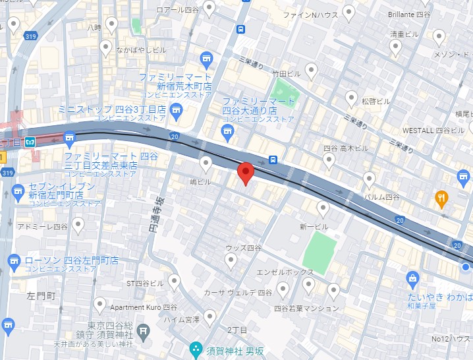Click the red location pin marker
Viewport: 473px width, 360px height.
pyautogui.click(x=246, y=173)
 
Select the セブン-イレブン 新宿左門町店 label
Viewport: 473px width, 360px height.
pyautogui.click(x=58, y=191)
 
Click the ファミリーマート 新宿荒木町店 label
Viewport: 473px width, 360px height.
pyautogui.click(x=175, y=82)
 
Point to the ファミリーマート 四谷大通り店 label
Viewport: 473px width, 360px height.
pyautogui.click(x=258, y=105)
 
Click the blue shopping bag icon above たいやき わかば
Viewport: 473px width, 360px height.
pyautogui.click(x=413, y=278)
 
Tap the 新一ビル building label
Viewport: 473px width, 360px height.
pyautogui.click(x=314, y=226)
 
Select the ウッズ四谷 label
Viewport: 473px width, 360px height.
pyautogui.click(x=243, y=247)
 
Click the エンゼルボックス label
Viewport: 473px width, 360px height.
pyautogui.click(x=285, y=271)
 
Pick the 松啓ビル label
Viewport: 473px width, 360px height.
pyautogui.click(x=376, y=102)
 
